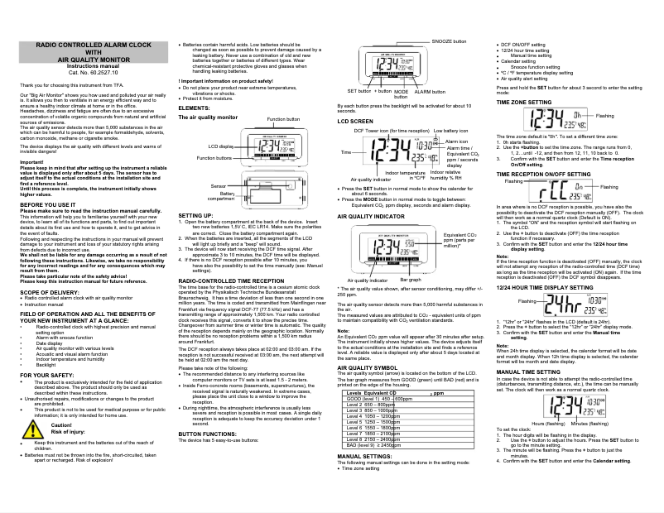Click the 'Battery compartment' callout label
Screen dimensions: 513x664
(220, 196)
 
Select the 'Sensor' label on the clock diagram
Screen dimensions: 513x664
(219, 187)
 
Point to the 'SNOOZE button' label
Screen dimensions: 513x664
(449, 41)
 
